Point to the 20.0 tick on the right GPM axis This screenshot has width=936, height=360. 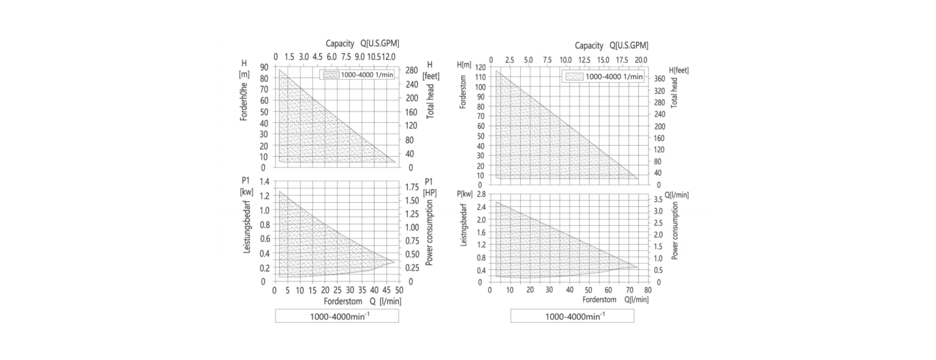(641, 60)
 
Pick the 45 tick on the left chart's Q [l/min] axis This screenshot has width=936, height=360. (386, 290)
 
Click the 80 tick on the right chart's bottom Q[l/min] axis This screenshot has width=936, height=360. (647, 290)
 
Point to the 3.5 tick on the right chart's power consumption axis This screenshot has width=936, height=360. (658, 199)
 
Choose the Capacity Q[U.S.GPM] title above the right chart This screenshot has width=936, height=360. (611, 46)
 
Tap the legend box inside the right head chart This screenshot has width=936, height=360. (604, 76)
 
